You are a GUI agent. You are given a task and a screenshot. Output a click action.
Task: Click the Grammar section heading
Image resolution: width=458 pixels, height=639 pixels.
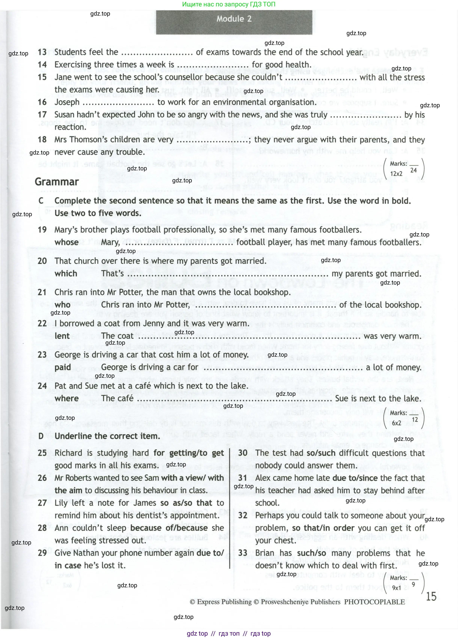[x=57, y=182]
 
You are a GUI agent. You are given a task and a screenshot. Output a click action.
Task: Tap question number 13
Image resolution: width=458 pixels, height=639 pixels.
[x=42, y=52]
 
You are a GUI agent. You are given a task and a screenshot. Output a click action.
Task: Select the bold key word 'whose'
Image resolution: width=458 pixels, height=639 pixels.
[x=66, y=242]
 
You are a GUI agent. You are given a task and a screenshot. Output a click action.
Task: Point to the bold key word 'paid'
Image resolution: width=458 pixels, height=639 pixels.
[x=63, y=367]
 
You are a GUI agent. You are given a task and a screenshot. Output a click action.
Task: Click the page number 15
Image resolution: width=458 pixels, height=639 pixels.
[x=431, y=597]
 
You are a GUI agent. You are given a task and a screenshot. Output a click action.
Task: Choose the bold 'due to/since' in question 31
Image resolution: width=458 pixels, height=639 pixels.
[x=355, y=478]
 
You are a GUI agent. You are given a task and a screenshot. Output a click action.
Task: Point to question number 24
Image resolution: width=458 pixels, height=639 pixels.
[x=42, y=386]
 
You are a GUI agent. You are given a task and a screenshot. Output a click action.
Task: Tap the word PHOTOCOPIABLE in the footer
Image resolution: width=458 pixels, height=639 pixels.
[x=374, y=602]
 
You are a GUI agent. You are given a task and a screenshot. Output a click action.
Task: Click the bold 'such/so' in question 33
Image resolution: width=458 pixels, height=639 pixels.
[x=311, y=553]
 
